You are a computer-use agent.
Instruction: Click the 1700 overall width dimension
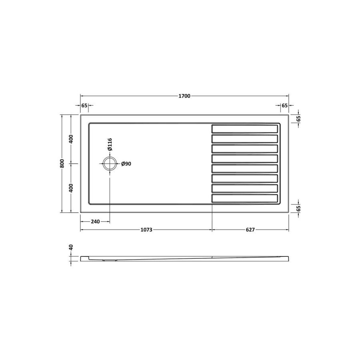[184, 96]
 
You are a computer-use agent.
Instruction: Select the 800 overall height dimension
[62, 164]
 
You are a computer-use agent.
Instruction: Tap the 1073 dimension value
[146, 230]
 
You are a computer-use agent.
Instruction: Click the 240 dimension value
[95, 221]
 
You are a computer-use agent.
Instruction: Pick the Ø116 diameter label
[110, 144]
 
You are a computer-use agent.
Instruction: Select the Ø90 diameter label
[126, 164]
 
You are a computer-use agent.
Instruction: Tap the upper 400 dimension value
[71, 139]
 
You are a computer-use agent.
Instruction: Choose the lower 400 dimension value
[71, 188]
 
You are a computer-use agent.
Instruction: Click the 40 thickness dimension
[71, 248]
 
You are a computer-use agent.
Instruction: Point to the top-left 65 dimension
[84, 106]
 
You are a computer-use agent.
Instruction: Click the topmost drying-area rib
[244, 129]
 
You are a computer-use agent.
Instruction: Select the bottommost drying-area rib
[244, 198]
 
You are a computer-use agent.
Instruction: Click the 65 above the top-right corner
[284, 106]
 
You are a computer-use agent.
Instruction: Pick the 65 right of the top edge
[298, 118]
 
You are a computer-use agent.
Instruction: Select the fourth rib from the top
[244, 158]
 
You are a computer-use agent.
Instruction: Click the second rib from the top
[244, 139]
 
